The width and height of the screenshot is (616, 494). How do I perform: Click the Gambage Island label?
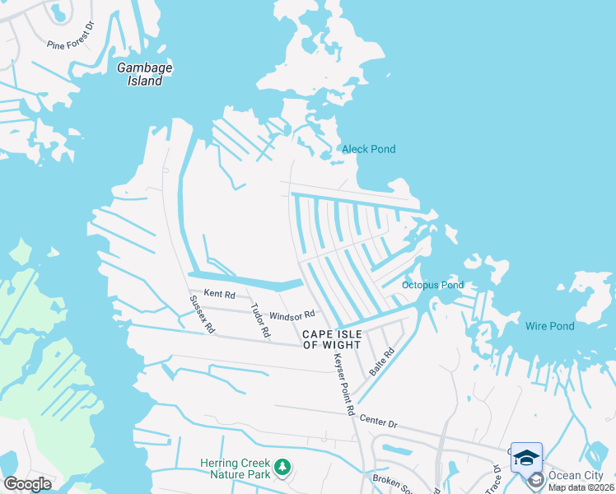pos(144,75)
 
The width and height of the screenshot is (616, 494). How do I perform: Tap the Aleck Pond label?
pos(368,149)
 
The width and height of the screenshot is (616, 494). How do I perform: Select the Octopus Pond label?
pos(432,286)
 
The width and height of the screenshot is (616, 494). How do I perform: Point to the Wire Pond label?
pos(549,326)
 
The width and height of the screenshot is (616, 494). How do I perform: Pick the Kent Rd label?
pos(219,294)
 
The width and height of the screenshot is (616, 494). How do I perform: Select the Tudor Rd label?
pos(260,321)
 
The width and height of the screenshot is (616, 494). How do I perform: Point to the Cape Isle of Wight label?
pos(333,339)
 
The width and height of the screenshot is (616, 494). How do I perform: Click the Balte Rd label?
pos(382,362)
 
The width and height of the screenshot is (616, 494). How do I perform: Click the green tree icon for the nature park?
pos(282,467)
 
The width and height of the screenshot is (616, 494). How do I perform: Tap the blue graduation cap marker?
pos(526,456)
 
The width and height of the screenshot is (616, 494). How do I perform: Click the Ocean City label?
pos(576,476)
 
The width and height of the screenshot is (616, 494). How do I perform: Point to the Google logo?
pos(27,484)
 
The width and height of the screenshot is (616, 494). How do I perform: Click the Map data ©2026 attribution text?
pos(581,487)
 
